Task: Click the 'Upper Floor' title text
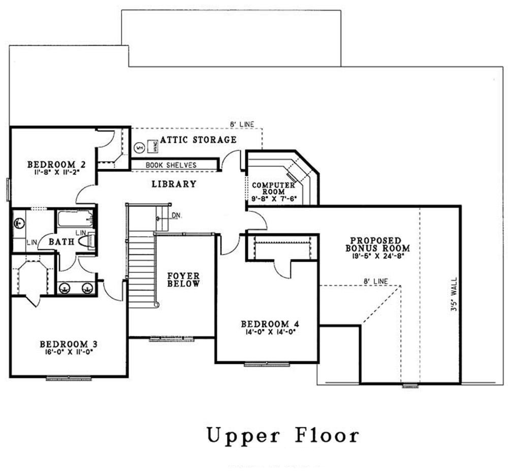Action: (282, 435)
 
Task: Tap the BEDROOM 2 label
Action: (56, 165)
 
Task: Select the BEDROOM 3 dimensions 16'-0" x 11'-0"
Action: (68, 351)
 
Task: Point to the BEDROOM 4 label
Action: (268, 324)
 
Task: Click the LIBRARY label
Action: (174, 184)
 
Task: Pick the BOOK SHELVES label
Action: (171, 166)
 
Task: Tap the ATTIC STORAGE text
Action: (198, 140)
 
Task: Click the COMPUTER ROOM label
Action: (273, 189)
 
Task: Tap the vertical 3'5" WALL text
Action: (453, 297)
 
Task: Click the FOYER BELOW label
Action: (183, 279)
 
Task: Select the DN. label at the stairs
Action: (176, 215)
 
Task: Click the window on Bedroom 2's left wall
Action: (8, 189)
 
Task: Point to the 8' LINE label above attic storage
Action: (242, 123)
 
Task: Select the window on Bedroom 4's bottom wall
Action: (267, 364)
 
